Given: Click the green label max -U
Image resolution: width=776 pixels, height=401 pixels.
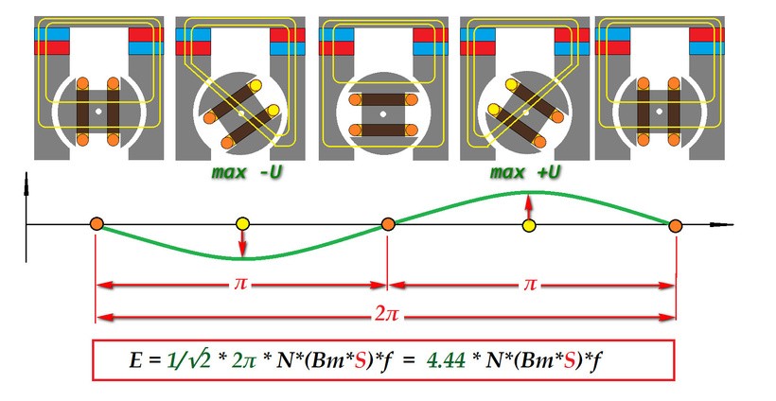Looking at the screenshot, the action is point(247,172).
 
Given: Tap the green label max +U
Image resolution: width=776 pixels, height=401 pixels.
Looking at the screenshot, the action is point(525,172).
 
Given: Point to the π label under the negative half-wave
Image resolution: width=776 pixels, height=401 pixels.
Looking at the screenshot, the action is point(240,285).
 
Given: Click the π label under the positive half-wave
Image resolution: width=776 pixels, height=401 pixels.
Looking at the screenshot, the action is point(530,285).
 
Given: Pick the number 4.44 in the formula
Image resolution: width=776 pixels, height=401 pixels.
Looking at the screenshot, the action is point(446,361).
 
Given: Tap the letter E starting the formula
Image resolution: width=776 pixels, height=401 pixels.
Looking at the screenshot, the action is point(134,361).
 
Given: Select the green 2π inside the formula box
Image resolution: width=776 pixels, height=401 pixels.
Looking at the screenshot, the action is point(243,361).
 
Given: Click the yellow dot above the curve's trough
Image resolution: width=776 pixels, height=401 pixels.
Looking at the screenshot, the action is point(242,224).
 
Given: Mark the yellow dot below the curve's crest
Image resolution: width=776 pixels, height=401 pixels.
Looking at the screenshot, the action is point(529,226).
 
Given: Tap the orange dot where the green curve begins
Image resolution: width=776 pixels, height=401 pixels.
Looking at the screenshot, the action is point(97,224).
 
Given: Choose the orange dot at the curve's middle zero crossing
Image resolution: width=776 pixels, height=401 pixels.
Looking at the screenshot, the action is point(388,224).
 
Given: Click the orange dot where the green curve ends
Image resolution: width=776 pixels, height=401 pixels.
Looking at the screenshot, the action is point(676,226).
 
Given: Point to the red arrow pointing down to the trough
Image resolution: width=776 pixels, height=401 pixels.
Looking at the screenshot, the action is point(242,244).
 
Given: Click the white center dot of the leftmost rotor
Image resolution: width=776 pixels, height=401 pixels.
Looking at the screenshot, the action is point(98,112).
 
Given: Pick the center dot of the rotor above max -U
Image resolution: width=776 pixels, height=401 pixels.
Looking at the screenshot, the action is point(241,113).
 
